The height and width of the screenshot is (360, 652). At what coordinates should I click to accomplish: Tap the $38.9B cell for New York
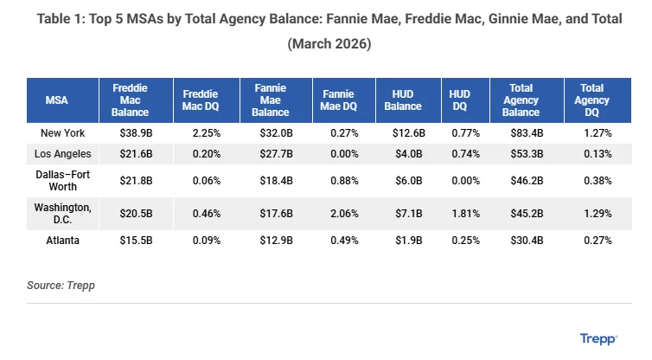pyautogui.click(x=137, y=133)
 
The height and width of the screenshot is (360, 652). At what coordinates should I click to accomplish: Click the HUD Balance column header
pyautogui.click(x=403, y=100)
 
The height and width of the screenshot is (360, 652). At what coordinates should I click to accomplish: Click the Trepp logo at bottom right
pyautogui.click(x=598, y=339)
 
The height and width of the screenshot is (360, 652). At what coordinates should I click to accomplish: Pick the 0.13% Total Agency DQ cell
pyautogui.click(x=597, y=153)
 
